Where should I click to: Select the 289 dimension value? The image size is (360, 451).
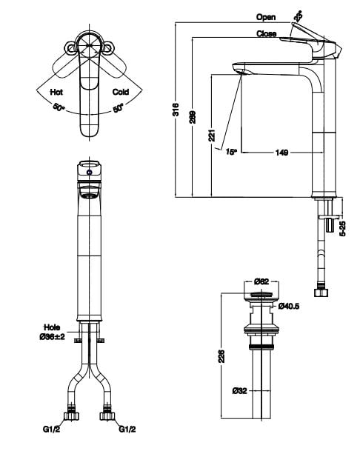tap(193, 117)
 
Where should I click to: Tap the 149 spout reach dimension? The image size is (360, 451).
tap(281, 153)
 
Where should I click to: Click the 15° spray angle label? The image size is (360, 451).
tap(230, 151)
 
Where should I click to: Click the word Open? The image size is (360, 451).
tap(266, 16)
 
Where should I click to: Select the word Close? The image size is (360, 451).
tap(266, 34)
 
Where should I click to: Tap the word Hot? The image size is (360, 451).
tap(56, 93)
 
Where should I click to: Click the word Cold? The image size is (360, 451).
tap(121, 93)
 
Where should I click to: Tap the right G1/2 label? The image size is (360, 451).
tap(127, 428)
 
